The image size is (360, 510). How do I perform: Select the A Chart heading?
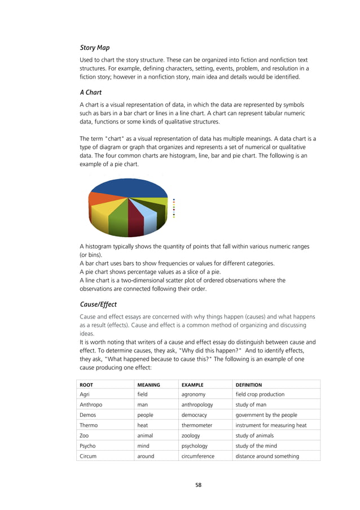click(93, 93)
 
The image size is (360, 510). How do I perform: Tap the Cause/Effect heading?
click(98, 304)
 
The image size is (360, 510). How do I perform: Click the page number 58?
click(198, 485)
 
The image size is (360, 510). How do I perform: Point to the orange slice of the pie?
click(98, 199)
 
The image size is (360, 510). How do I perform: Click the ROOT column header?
click(86, 385)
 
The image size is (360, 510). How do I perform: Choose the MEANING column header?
click(149, 385)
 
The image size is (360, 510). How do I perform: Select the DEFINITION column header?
click(249, 385)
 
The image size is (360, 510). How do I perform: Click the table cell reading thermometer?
click(197, 425)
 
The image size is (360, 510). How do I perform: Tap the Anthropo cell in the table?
click(91, 404)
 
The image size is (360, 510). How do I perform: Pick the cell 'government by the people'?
click(267, 415)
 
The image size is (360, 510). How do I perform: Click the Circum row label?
click(89, 456)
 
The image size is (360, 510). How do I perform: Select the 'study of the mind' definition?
click(258, 446)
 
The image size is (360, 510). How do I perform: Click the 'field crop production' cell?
click(260, 394)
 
